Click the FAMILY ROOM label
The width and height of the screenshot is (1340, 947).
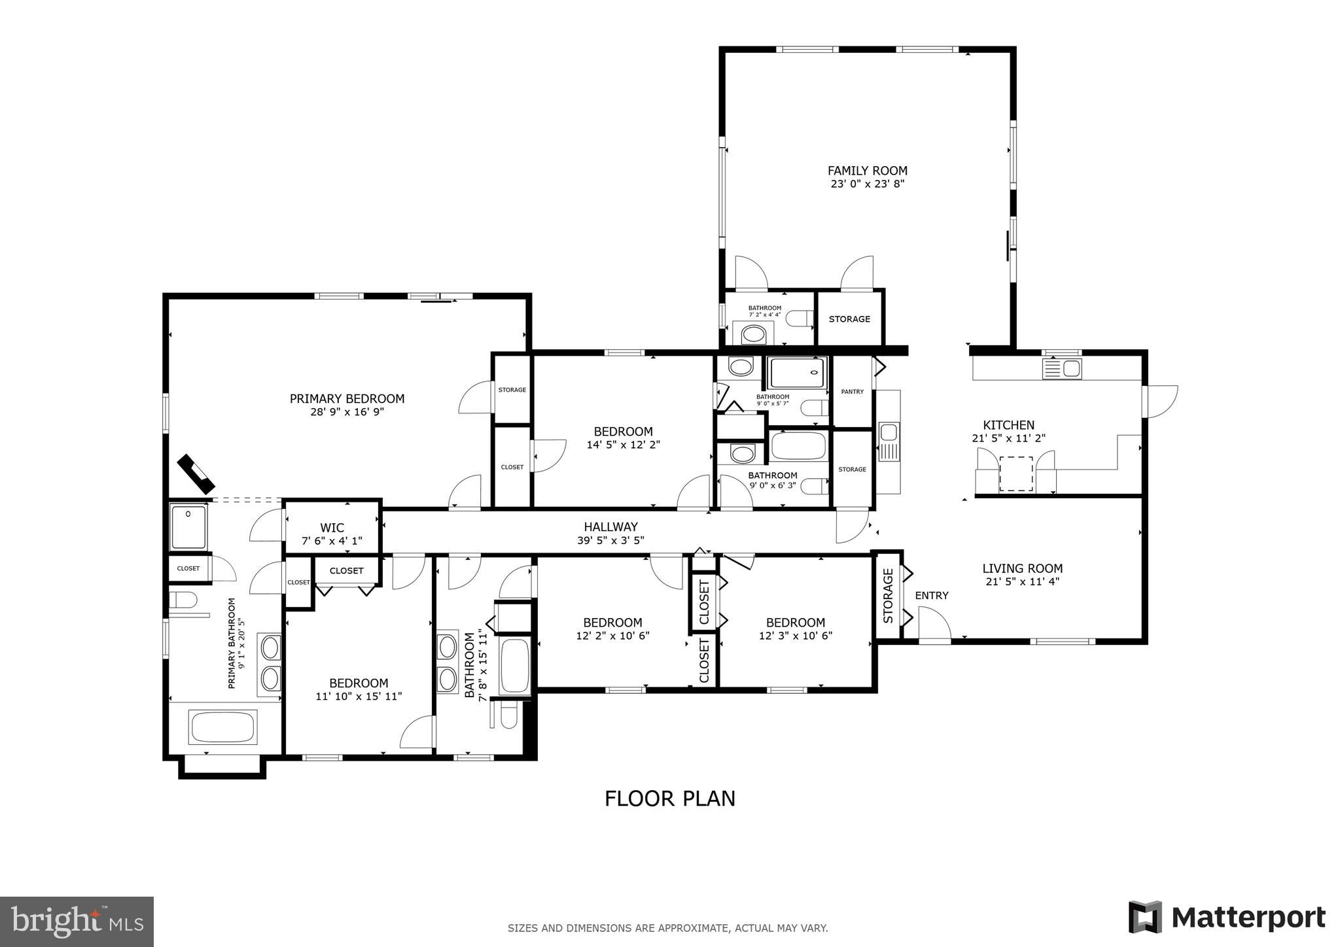click(x=867, y=171)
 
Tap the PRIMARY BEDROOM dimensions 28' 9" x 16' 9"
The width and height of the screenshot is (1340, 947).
click(x=347, y=412)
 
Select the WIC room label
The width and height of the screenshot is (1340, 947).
click(x=332, y=527)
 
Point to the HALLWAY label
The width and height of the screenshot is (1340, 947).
click(x=610, y=526)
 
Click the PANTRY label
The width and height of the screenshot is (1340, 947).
click(x=852, y=392)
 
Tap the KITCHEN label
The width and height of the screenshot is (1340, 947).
click(x=1008, y=425)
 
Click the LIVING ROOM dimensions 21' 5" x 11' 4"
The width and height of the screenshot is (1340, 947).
click(x=1022, y=581)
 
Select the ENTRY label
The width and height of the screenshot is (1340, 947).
click(x=931, y=595)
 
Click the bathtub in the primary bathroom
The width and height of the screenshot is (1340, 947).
click(x=222, y=727)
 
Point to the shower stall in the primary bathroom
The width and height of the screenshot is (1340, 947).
click(x=188, y=527)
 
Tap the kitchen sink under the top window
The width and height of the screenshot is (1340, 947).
click(x=1061, y=369)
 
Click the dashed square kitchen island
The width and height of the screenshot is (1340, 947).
click(x=1015, y=474)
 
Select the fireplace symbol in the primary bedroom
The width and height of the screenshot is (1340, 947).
click(x=196, y=473)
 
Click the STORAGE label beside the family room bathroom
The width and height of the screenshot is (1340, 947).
click(x=849, y=319)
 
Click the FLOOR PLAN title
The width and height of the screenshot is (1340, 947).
click(x=669, y=799)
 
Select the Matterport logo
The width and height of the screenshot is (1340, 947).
click(x=1227, y=917)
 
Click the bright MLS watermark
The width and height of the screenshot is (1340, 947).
click(x=77, y=921)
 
